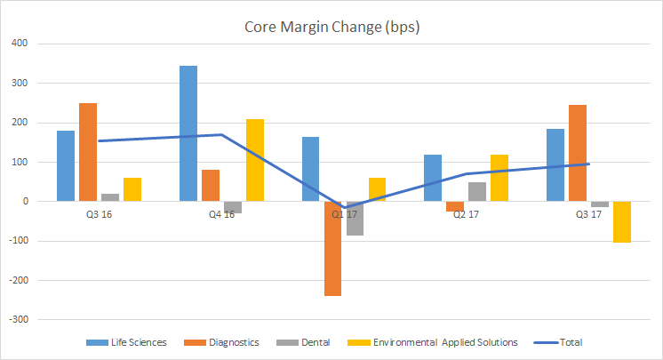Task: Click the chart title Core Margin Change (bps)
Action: coord(331,27)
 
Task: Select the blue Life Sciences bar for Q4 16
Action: coord(188,133)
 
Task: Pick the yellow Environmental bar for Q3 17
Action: coord(622,222)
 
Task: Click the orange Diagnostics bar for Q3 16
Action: coord(88,152)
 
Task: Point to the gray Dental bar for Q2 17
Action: coord(477,192)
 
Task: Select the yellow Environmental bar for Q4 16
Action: coord(254,160)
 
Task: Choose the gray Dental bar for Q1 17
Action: coord(355,219)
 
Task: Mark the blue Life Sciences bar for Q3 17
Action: coord(555,165)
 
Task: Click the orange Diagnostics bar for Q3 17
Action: coord(578,153)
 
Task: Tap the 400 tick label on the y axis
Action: coord(18,44)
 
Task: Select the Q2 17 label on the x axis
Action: coord(455,213)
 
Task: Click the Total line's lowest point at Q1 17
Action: coord(344,208)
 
